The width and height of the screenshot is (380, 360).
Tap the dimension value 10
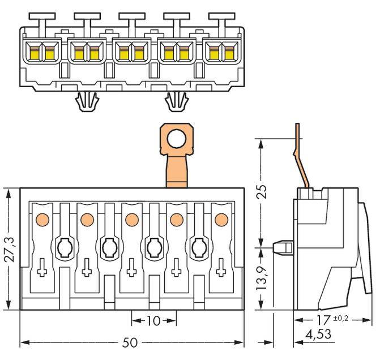152,321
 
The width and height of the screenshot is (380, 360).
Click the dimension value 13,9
261,278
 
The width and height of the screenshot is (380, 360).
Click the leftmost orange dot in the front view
41,218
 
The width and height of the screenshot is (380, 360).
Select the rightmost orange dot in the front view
221,218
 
